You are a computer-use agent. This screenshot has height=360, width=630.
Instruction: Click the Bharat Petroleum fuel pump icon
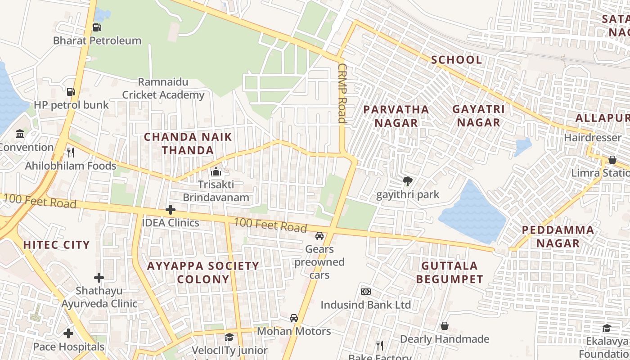pyautogui.click(x=97, y=27)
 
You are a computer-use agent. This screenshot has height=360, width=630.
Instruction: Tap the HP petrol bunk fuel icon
pyautogui.click(x=71, y=92)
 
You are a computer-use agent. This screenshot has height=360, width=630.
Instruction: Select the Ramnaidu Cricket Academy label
pyautogui.click(x=163, y=89)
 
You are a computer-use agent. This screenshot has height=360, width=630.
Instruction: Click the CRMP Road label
pyautogui.click(x=342, y=93)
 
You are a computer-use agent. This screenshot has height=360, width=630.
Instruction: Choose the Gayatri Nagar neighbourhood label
pyautogui.click(x=478, y=116)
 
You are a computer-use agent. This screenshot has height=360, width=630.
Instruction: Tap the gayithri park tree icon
pyautogui.click(x=408, y=181)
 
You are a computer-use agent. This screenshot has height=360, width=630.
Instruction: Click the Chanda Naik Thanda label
pyautogui.click(x=188, y=144)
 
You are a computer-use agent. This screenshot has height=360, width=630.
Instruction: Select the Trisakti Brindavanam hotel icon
pyautogui.click(x=216, y=172)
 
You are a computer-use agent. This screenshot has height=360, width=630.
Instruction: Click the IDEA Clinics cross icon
pyautogui.click(x=170, y=210)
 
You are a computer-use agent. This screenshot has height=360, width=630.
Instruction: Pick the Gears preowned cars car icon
pyautogui.click(x=319, y=236)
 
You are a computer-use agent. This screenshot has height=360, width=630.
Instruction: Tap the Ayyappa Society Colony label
pyautogui.click(x=203, y=272)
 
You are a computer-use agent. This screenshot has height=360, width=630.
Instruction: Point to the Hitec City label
pyautogui.click(x=56, y=245)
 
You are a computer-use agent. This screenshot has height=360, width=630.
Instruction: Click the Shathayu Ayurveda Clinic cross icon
pyautogui.click(x=99, y=278)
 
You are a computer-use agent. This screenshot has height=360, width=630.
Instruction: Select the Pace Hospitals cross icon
pyautogui.click(x=68, y=333)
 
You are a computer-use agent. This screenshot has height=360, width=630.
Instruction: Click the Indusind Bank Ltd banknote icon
pyautogui.click(x=365, y=292)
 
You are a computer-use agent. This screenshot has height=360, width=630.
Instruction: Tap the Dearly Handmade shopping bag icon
pyautogui.click(x=445, y=326)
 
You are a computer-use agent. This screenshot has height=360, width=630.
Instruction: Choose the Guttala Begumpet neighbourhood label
pyautogui.click(x=449, y=272)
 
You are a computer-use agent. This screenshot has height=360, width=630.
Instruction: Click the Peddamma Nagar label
pyautogui.click(x=558, y=237)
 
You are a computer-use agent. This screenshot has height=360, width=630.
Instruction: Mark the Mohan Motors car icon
pyautogui.click(x=294, y=318)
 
